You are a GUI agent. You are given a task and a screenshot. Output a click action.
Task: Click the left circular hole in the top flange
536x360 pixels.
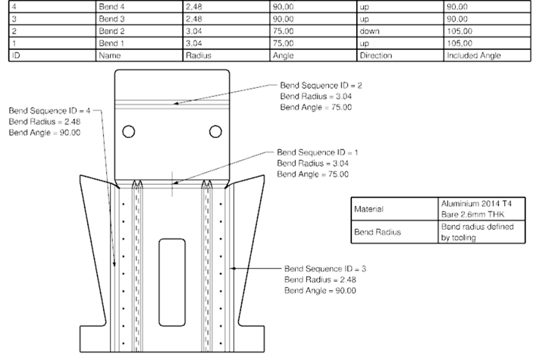point(130,132)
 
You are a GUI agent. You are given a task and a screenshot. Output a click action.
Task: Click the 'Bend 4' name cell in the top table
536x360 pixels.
point(111,5)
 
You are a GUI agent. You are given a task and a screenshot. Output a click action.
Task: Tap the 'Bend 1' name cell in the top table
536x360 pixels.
point(111,42)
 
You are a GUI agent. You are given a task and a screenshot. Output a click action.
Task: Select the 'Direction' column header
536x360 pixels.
point(379,55)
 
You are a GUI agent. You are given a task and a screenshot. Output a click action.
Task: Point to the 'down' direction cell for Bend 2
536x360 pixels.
point(371,30)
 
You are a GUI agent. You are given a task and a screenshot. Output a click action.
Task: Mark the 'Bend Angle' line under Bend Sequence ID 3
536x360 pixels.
point(320,290)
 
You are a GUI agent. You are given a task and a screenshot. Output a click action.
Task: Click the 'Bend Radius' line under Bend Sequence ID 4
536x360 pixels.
point(45,121)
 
